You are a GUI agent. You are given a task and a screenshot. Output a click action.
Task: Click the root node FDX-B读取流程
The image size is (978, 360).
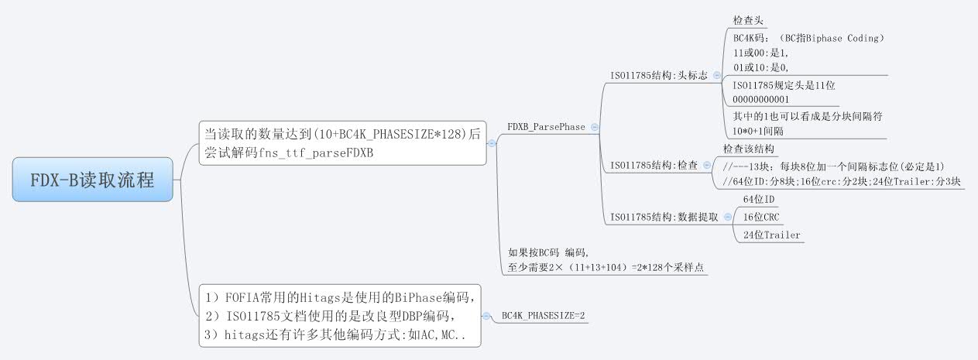pos(93,180)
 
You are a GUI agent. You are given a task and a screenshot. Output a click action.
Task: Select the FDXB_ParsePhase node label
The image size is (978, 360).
pos(546,126)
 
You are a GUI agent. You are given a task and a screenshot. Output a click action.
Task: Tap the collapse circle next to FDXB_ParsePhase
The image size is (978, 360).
pos(594,126)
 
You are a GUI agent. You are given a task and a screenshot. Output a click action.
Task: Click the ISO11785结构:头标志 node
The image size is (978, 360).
pos(659,75)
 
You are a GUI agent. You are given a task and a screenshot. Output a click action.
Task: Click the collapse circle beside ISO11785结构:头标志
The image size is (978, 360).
pos(716,75)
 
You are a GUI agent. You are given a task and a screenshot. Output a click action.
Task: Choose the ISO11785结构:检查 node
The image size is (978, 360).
pos(654,165)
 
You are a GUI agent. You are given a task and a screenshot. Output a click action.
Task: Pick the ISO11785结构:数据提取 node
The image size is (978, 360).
pos(664,217)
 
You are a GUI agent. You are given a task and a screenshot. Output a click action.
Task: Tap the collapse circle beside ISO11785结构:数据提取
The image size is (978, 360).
pos(727,217)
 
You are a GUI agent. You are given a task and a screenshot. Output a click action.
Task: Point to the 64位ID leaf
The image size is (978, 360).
pos(759,199)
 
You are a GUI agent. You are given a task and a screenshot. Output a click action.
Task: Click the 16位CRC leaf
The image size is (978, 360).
pos(762,217)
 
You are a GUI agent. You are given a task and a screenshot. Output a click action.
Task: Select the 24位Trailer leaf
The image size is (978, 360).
pos(771,235)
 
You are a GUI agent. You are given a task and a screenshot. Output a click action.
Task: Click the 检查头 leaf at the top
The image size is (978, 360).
pos(750,20)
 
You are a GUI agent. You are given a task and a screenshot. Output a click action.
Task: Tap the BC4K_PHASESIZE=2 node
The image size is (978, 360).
pos(544,316)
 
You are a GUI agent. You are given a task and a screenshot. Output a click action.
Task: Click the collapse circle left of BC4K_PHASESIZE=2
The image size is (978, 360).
pos(486,316)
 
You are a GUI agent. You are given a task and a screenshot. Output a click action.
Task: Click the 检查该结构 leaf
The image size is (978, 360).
pos(749,149)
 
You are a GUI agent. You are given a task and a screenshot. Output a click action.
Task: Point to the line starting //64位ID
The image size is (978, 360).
pos(840,182)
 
